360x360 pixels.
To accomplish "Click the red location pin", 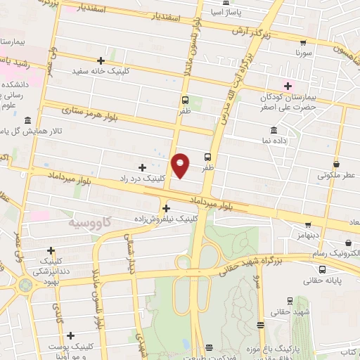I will click(181, 164).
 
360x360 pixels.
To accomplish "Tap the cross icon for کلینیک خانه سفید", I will click(101, 60).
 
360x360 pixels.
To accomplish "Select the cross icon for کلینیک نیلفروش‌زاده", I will click(166, 208).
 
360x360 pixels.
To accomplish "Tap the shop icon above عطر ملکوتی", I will click(335, 164).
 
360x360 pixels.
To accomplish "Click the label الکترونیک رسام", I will click(334, 252).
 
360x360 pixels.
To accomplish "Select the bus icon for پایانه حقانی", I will click(322, 269).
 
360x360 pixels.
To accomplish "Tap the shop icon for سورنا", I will click(303, 42).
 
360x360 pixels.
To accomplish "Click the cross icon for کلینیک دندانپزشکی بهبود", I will click(51, 250).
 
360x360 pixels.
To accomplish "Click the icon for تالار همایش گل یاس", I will click(27, 120).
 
